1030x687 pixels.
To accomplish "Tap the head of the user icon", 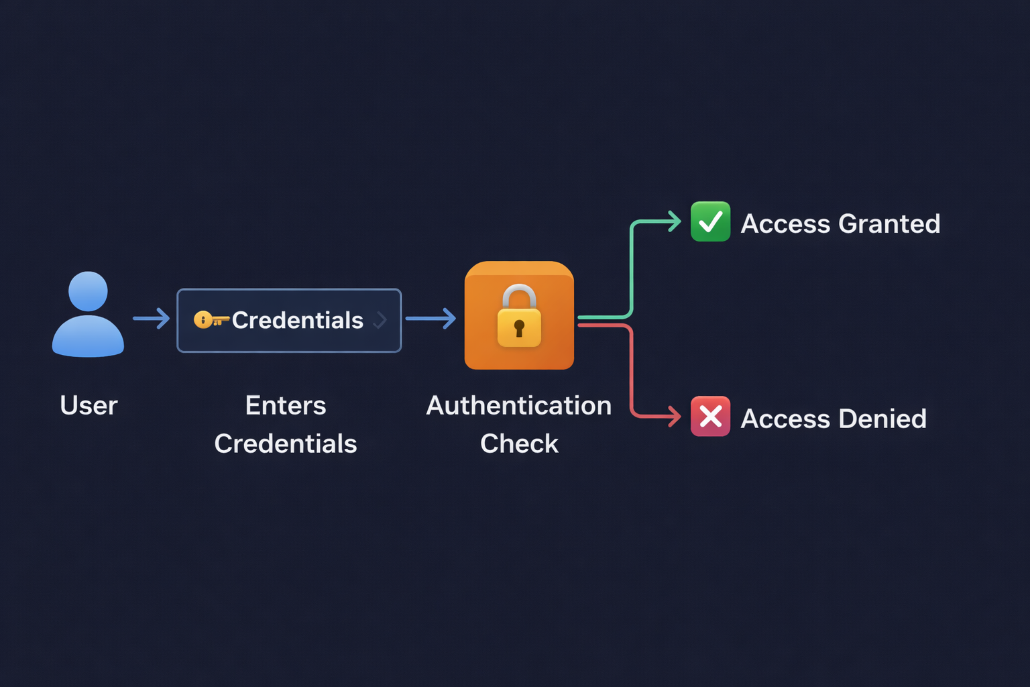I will click(88, 290).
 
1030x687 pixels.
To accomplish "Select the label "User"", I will click(89, 405).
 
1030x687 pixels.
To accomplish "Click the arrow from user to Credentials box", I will click(152, 318).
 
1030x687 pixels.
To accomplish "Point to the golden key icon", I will click(211, 320).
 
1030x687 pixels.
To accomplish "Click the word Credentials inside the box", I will click(298, 320).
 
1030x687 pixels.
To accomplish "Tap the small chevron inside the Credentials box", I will click(380, 320).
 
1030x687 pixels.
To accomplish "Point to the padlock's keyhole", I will click(519, 328).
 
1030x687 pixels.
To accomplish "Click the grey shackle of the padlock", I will click(519, 294).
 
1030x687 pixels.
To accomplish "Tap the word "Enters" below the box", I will click(286, 405).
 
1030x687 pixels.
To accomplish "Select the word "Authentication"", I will click(519, 405).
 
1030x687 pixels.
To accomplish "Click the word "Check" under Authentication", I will click(519, 443).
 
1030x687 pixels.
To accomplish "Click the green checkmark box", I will click(710, 221).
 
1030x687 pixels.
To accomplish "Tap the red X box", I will click(710, 417).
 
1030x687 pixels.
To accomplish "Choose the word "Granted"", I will click(889, 223).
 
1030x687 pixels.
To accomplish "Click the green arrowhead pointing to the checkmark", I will click(675, 221).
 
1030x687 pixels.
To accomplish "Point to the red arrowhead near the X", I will click(675, 417).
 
